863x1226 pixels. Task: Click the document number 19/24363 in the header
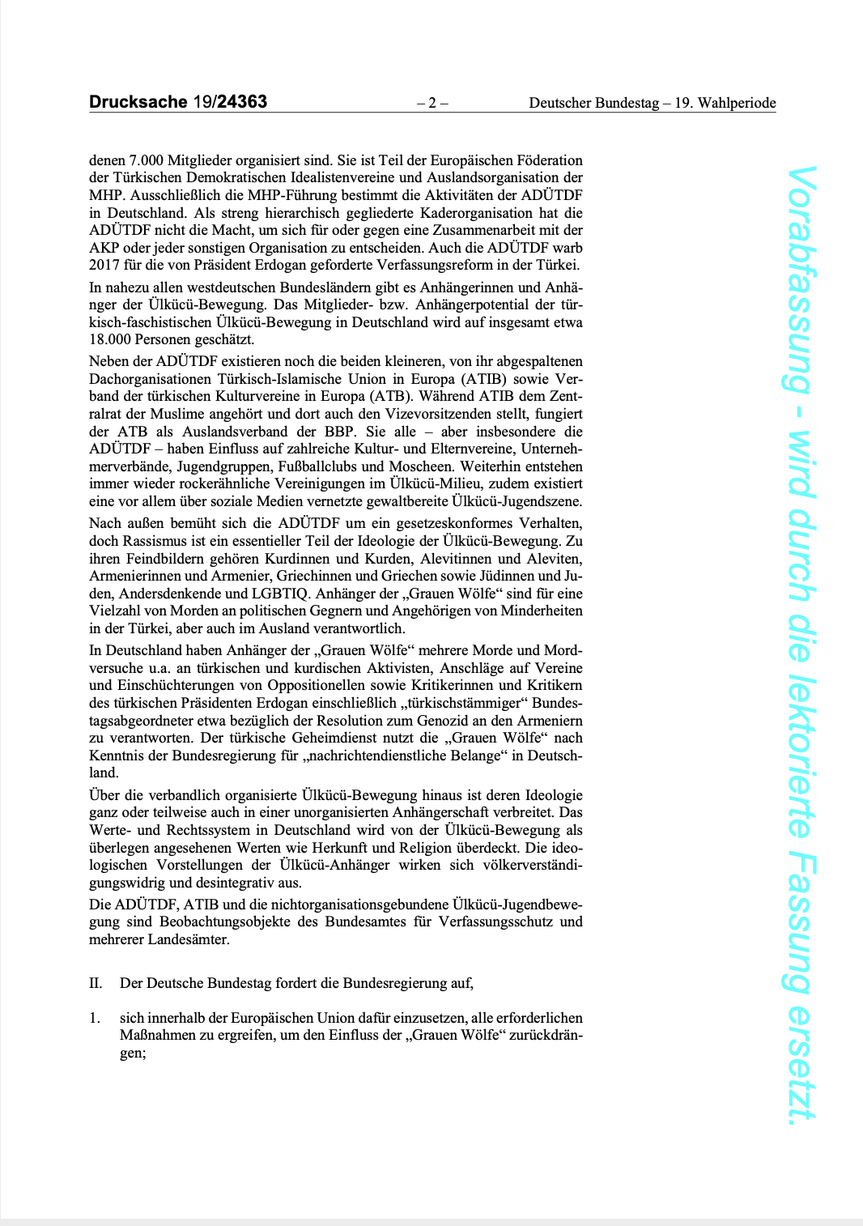tap(230, 102)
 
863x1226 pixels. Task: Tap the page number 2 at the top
tap(432, 103)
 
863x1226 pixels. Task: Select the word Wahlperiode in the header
tap(737, 103)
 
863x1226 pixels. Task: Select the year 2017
tap(104, 265)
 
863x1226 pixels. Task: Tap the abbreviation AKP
tap(104, 248)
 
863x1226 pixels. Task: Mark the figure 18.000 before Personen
tap(108, 340)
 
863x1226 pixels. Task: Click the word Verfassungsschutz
tap(494, 922)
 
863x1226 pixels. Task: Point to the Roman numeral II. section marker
tap(96, 983)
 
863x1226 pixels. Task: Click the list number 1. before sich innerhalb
tap(94, 1018)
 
